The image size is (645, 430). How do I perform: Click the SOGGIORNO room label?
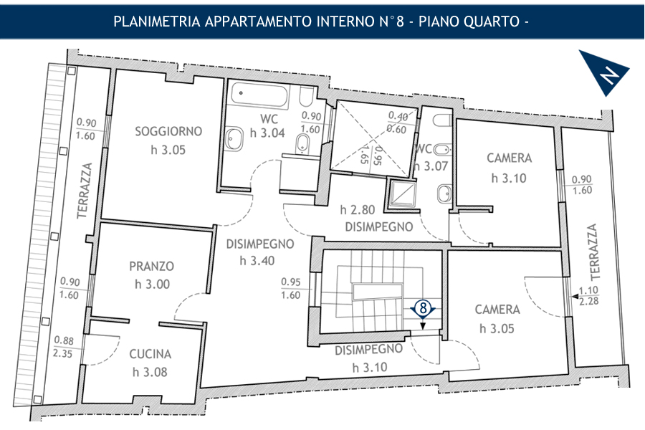pyautogui.click(x=168, y=131)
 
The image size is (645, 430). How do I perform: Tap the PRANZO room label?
pyautogui.click(x=152, y=266)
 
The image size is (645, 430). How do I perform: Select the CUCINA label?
pyautogui.click(x=150, y=354)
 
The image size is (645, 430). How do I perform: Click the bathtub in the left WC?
pyautogui.click(x=259, y=94)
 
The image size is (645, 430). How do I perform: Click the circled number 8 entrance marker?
pyautogui.click(x=423, y=307)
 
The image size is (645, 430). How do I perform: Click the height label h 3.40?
pyautogui.click(x=257, y=260)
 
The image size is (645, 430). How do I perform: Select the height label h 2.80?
pyautogui.click(x=358, y=210)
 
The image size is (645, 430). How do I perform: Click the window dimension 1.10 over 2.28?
pyautogui.click(x=588, y=296)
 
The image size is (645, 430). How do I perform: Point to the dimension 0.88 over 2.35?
pyautogui.click(x=63, y=347)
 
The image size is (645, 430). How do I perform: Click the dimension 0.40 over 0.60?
pyautogui.click(x=398, y=123)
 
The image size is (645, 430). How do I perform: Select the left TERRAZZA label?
pyautogui.click(x=85, y=191)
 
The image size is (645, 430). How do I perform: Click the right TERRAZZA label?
pyautogui.click(x=593, y=252)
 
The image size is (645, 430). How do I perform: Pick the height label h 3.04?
pyautogui.click(x=267, y=133)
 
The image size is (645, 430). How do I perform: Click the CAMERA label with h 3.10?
pyautogui.click(x=510, y=158)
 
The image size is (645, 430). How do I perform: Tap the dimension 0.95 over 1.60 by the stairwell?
pyautogui.click(x=291, y=288)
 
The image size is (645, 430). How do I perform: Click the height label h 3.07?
pyautogui.click(x=430, y=166)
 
